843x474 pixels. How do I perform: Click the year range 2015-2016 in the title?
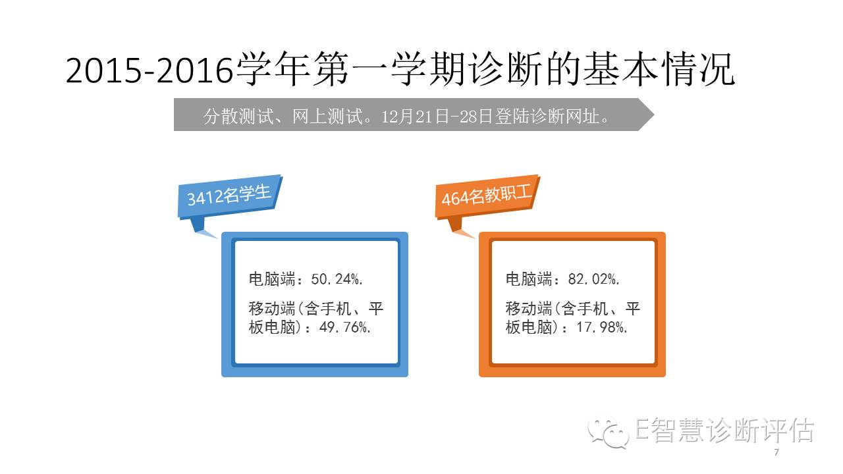pos(150,70)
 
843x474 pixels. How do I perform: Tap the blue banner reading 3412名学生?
pos(230,196)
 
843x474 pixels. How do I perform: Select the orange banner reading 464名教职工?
pos(487,196)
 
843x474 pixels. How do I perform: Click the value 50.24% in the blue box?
pos(337,279)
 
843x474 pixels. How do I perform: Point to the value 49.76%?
pos(344,327)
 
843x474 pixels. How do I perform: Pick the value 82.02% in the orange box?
pos(593,279)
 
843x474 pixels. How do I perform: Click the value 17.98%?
pos(602,327)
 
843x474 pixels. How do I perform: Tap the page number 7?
pos(776,452)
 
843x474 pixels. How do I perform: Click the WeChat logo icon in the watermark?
pos(609,432)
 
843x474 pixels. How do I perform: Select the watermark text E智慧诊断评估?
pos(725,430)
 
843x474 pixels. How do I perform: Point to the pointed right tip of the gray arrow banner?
pos(654,115)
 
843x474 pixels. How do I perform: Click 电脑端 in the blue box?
pos(272,279)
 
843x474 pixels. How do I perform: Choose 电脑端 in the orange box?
pos(528,279)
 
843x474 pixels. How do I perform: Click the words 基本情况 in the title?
pos(659,69)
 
